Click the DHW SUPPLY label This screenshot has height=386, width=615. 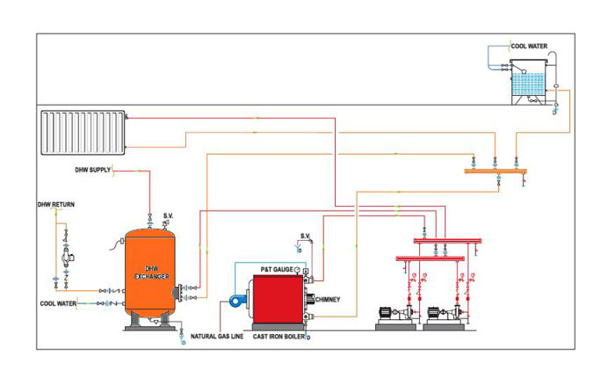click(92, 170)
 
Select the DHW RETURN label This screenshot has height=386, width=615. click(55, 205)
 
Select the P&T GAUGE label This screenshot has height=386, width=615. click(277, 268)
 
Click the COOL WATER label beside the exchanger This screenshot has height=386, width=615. click(58, 303)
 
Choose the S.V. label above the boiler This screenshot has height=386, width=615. click(306, 236)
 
